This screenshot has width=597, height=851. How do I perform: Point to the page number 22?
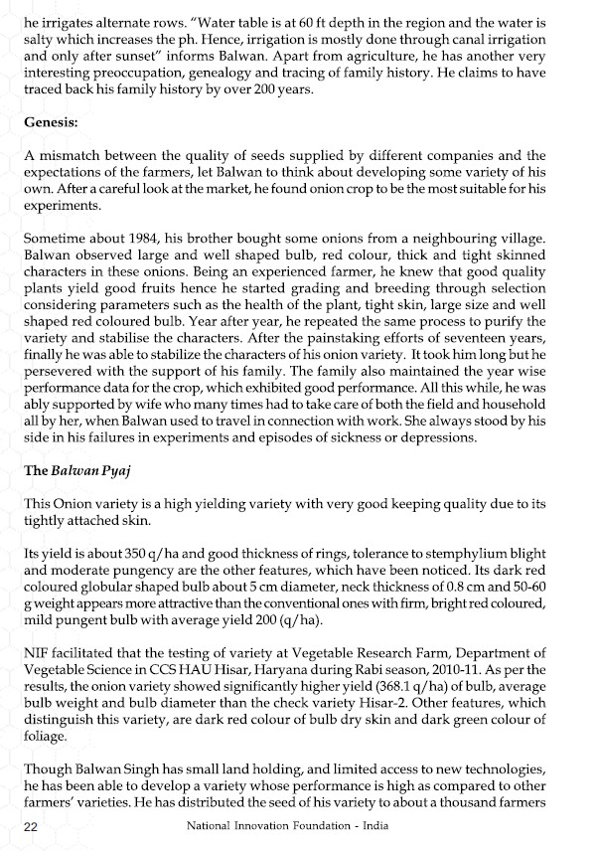point(30,827)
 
